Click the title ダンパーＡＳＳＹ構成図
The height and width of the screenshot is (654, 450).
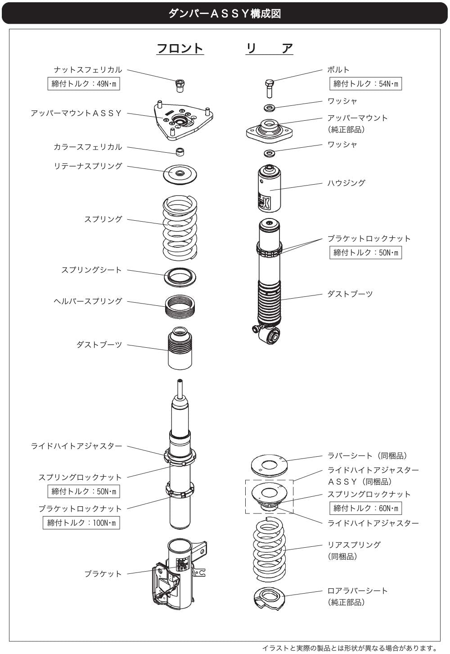[x=225, y=14]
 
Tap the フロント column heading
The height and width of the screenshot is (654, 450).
[x=180, y=48]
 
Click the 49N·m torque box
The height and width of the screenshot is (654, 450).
[x=84, y=84]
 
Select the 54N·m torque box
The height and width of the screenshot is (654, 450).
[x=365, y=84]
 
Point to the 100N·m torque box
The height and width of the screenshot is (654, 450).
[x=81, y=522]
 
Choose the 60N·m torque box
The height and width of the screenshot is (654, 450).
[x=365, y=509]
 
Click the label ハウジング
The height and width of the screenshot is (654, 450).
[x=346, y=183]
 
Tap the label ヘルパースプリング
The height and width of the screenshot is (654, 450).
[x=88, y=301]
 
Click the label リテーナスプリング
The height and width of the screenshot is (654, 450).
[x=88, y=166]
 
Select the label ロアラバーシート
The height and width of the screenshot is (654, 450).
[x=358, y=590]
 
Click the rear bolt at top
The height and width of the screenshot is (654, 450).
[x=269, y=88]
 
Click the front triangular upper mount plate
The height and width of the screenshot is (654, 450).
[x=183, y=121]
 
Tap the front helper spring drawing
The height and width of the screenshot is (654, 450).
[x=180, y=307]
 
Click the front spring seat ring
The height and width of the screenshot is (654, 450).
[x=180, y=277]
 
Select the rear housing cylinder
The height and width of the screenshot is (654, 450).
[x=269, y=188]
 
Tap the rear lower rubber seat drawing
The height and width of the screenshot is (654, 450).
[x=269, y=598]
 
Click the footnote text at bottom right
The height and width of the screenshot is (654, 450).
[x=350, y=649]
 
